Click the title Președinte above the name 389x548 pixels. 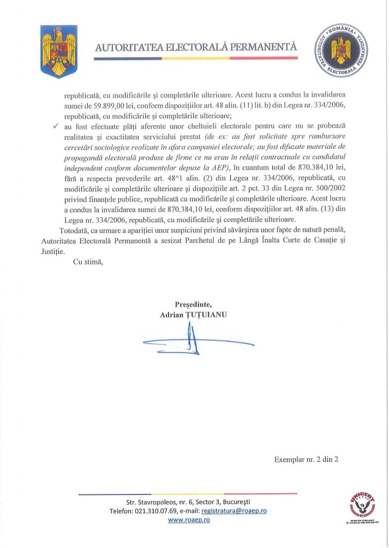193,305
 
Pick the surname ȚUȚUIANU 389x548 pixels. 205,315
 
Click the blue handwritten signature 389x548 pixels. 193,342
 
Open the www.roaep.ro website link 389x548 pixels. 189,520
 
